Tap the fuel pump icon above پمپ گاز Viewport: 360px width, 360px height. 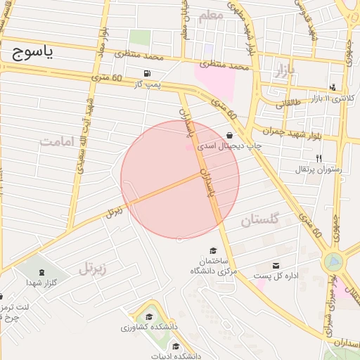click(146, 73)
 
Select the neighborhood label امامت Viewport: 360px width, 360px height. click(58, 141)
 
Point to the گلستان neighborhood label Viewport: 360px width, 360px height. click(260, 220)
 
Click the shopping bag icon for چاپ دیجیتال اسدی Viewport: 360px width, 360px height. click(230, 135)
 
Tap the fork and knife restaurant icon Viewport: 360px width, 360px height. click(319, 158)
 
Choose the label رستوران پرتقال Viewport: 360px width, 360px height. click(320, 169)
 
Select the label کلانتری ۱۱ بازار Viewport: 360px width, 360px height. click(328, 98)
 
